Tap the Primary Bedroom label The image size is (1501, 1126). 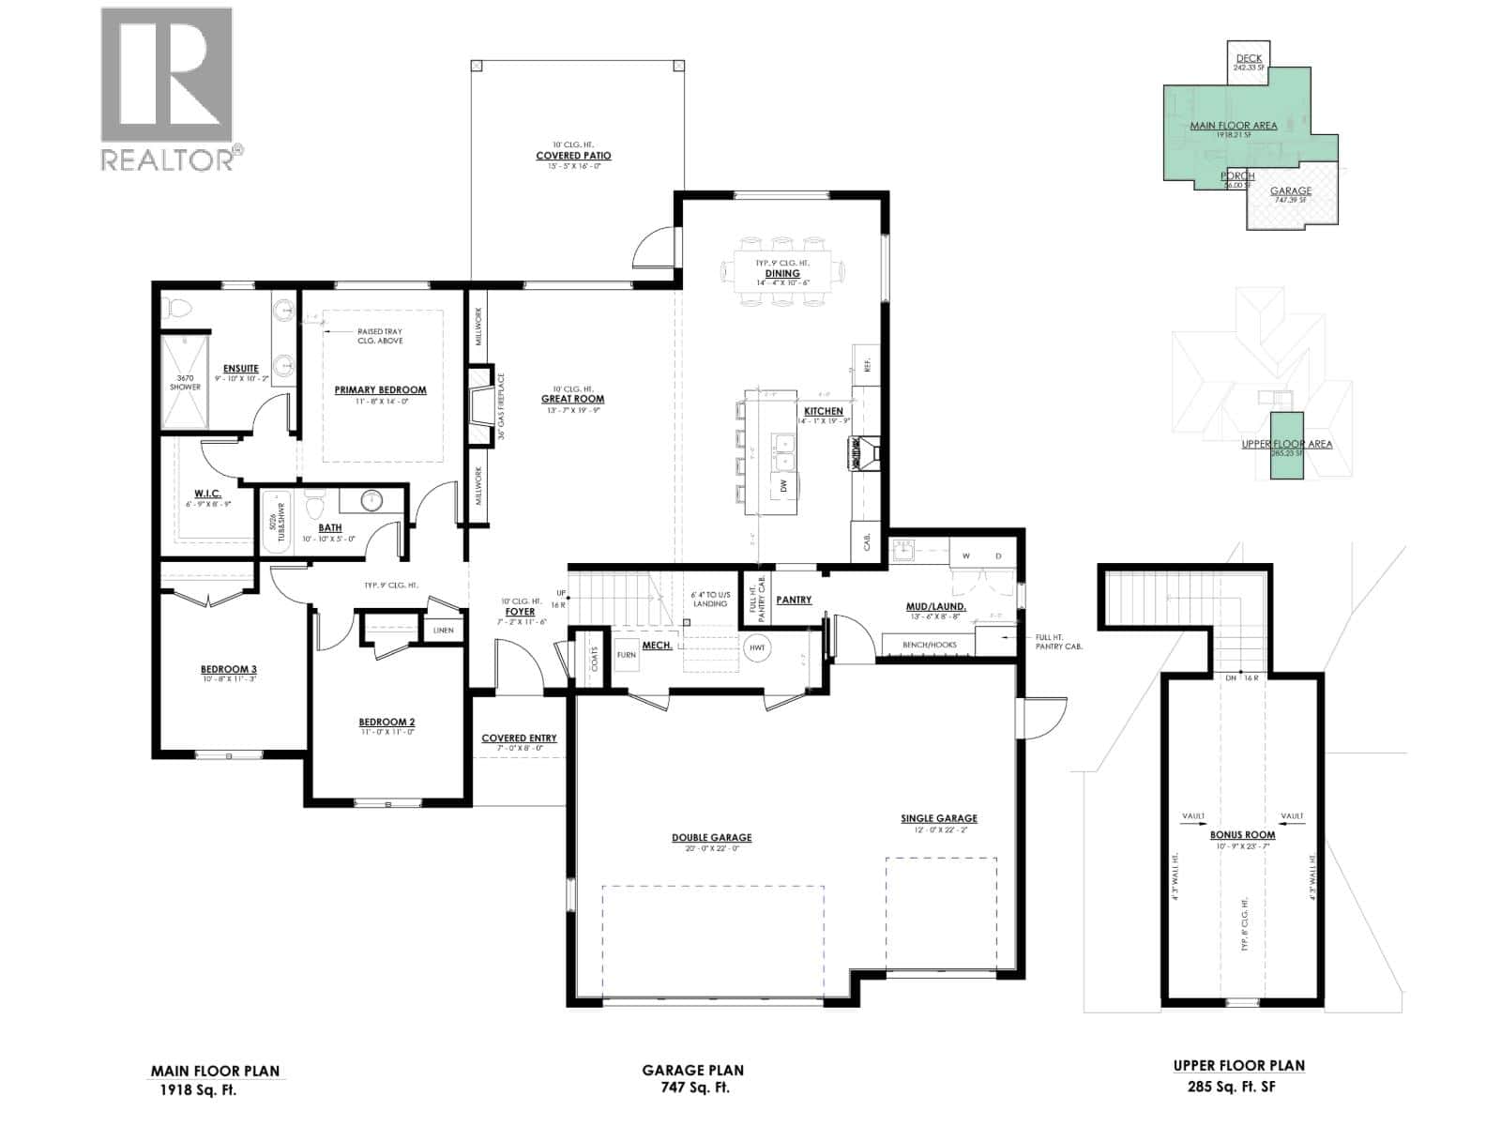pos(380,390)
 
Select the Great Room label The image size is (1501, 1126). pos(572,399)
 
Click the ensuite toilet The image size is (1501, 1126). pos(178,309)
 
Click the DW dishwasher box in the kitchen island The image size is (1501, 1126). pos(783,485)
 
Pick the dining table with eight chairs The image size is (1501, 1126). pos(782,271)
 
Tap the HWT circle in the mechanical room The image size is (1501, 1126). pos(756,647)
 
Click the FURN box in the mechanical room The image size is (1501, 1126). pos(626,655)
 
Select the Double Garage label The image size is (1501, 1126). pos(711,838)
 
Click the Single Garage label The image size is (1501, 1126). pos(939,818)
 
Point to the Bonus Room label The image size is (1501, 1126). pos(1242,834)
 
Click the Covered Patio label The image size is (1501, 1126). pos(573,156)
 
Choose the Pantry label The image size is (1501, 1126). pos(794,600)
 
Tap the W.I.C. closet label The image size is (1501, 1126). pos(207,494)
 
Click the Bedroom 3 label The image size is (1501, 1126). pos(228,669)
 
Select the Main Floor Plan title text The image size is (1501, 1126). pos(215,1071)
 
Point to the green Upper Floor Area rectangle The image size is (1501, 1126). pos(1286,446)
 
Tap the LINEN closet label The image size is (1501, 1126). pos(444,630)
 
